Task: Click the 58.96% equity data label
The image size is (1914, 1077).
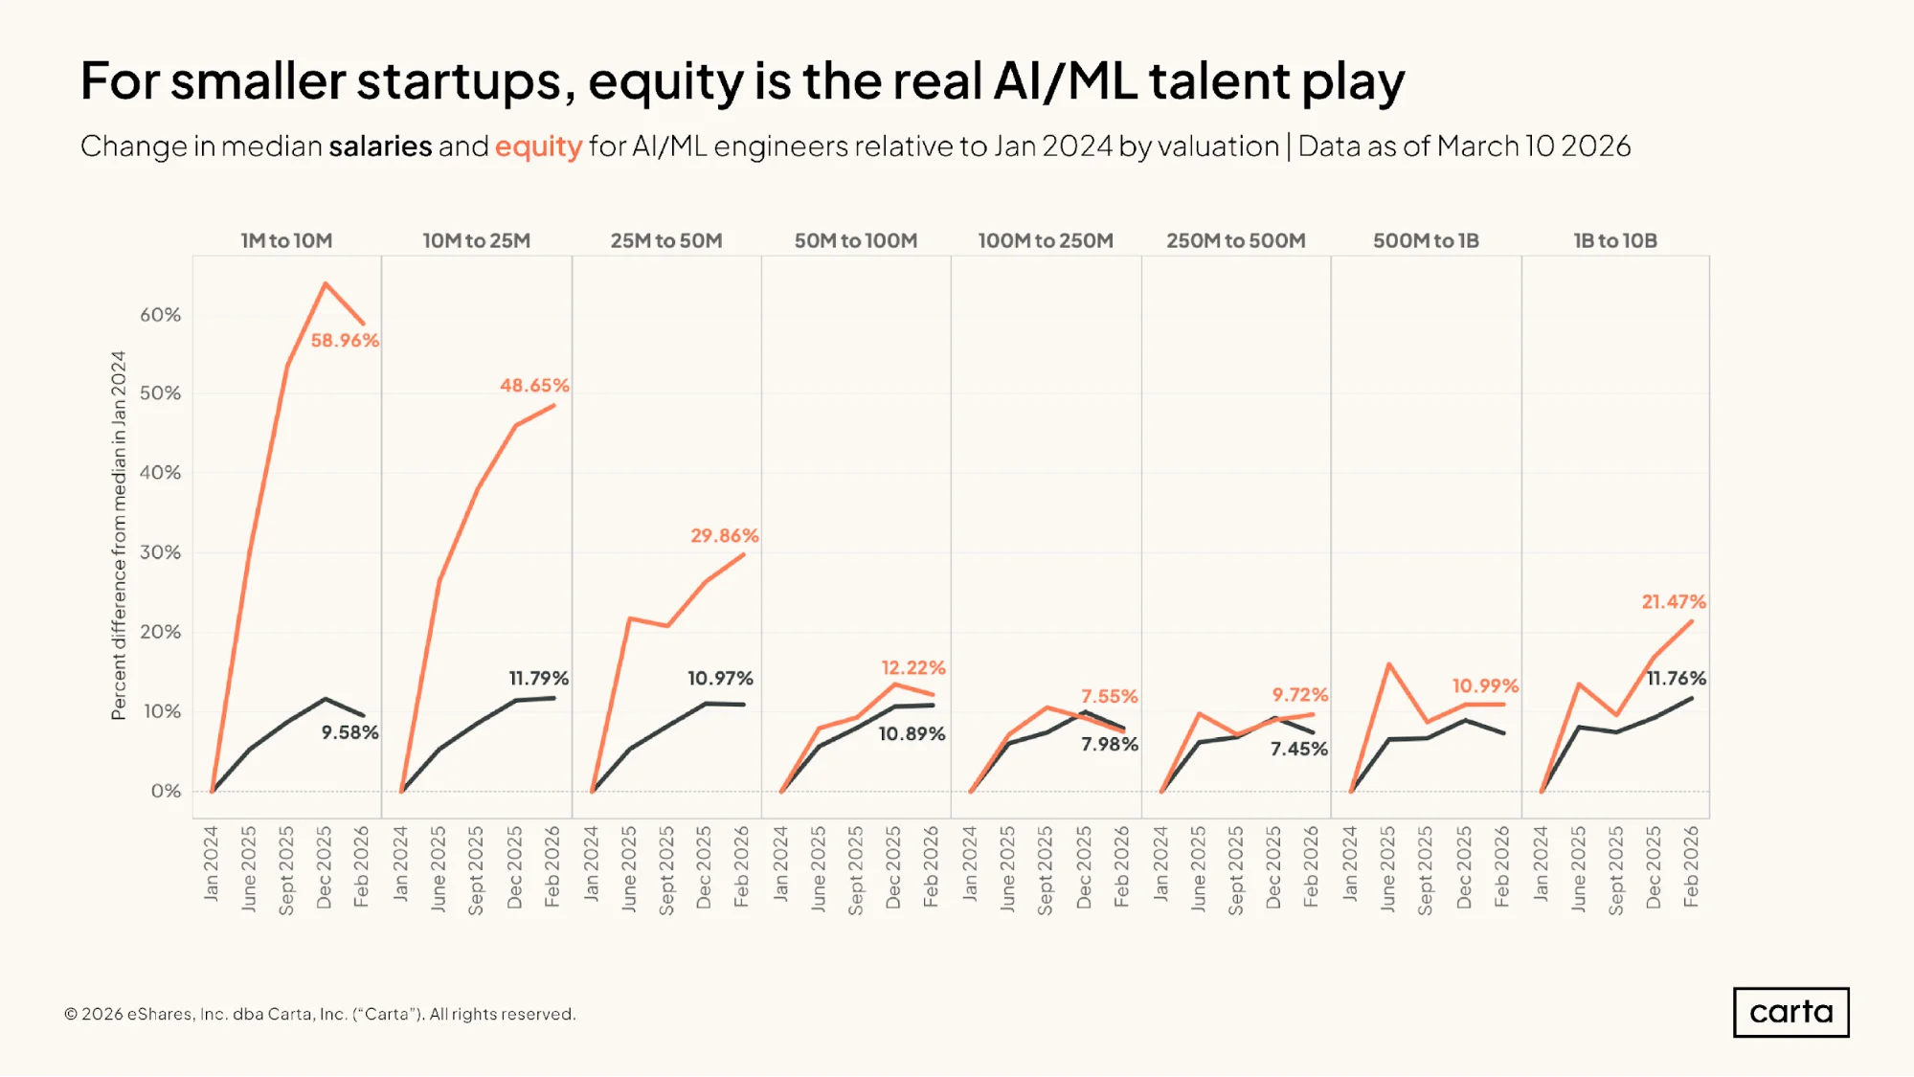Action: [345, 341]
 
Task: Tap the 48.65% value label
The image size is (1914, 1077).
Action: [534, 386]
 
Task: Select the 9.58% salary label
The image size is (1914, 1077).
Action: [349, 732]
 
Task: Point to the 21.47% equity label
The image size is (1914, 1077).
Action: [1674, 602]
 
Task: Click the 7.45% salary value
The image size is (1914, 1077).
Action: [1298, 749]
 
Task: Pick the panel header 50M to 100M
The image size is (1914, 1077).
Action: [856, 240]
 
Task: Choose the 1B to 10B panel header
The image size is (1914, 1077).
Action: [1615, 240]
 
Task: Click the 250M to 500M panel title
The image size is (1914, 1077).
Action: [1235, 240]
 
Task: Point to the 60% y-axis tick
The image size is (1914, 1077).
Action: [160, 315]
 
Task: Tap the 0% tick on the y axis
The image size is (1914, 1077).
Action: [166, 791]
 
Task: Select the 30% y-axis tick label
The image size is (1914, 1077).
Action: [160, 552]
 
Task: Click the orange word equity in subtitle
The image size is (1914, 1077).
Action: [538, 146]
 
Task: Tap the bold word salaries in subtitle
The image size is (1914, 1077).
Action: [380, 146]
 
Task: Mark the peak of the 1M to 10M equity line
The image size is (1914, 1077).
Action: [326, 283]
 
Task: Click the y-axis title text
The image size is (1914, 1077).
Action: [119, 535]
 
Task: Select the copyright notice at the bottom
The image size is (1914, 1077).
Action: [320, 1014]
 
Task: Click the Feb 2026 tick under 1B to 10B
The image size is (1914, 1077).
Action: [1691, 866]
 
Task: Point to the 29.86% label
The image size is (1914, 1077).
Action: [725, 536]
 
